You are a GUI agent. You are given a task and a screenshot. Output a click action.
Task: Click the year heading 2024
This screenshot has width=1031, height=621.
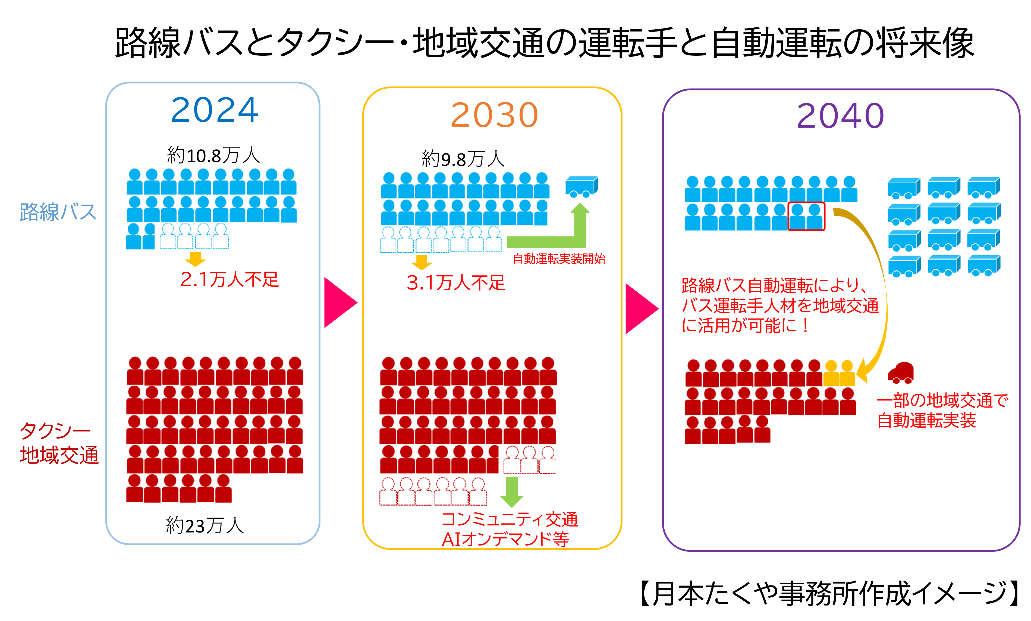215,109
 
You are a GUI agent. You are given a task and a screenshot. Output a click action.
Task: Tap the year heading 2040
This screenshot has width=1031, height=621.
840,115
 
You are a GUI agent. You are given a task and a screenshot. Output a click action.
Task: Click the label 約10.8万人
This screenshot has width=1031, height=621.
214,155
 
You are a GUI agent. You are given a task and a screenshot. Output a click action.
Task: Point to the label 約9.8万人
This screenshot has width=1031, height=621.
463,159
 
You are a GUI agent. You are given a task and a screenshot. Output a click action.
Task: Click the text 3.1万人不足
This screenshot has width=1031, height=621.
456,283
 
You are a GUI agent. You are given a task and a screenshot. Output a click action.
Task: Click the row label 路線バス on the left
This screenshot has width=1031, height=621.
58,212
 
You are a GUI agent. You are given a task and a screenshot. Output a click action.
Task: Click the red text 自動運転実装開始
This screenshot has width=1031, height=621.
559,259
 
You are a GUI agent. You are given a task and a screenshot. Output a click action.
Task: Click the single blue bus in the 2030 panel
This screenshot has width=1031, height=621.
581,187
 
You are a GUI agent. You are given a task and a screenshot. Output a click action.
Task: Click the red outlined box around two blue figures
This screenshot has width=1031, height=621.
806,216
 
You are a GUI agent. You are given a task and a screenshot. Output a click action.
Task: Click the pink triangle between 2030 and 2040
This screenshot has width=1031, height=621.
642,309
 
